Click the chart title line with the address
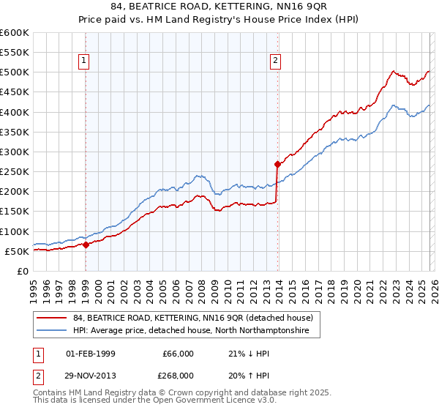coord(219,7)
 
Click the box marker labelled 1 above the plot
coord(85,61)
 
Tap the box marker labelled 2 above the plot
coord(276,61)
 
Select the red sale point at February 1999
coord(86,245)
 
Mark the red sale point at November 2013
coord(277,165)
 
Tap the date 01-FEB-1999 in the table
coord(90,354)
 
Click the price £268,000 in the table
coord(178,374)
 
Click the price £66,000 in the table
coord(178,354)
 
